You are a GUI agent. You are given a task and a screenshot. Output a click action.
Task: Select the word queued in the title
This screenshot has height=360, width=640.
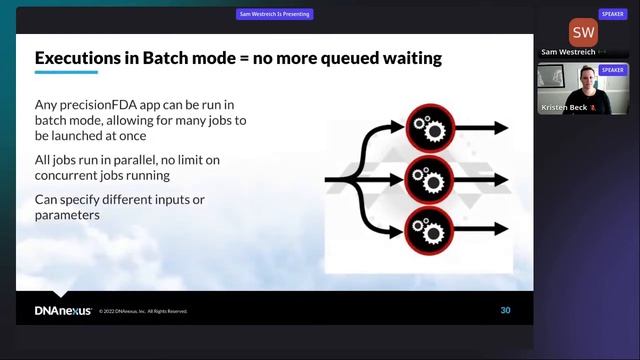click(338, 59)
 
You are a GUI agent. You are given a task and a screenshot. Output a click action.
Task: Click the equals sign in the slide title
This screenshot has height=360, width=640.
click(240, 59)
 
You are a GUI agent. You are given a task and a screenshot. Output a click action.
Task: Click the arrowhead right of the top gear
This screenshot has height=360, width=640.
click(499, 128)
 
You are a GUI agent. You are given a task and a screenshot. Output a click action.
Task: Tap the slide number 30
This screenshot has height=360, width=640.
click(505, 310)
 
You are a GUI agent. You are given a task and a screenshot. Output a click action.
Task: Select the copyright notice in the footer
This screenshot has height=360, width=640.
click(143, 312)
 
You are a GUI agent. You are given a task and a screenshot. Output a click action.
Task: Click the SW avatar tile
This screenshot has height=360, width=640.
click(583, 32)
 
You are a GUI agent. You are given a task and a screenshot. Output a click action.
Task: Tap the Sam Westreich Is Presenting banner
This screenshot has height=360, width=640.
click(275, 14)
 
